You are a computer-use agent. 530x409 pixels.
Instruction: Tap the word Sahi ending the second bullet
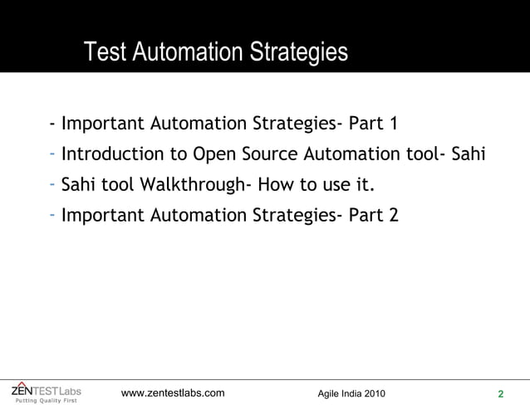pyautogui.click(x=467, y=154)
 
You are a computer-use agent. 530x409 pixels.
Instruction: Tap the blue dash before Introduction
pyautogui.click(x=52, y=154)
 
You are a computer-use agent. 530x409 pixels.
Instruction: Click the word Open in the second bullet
pyautogui.click(x=211, y=155)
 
